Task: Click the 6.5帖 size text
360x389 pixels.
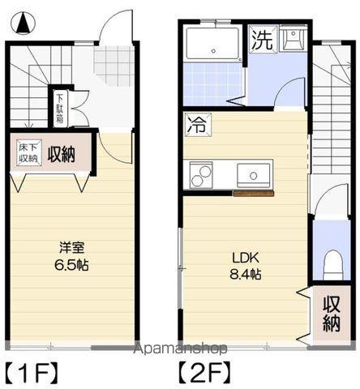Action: point(71,265)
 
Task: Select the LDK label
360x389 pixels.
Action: point(245,257)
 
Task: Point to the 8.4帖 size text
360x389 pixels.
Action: point(244,275)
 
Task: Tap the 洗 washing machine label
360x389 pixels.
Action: point(260,40)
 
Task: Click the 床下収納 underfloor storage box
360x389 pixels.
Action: point(28,152)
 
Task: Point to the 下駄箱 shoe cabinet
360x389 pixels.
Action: point(60,108)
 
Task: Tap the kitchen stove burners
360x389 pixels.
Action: point(201,174)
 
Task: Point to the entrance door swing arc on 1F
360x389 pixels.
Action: point(114,28)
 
